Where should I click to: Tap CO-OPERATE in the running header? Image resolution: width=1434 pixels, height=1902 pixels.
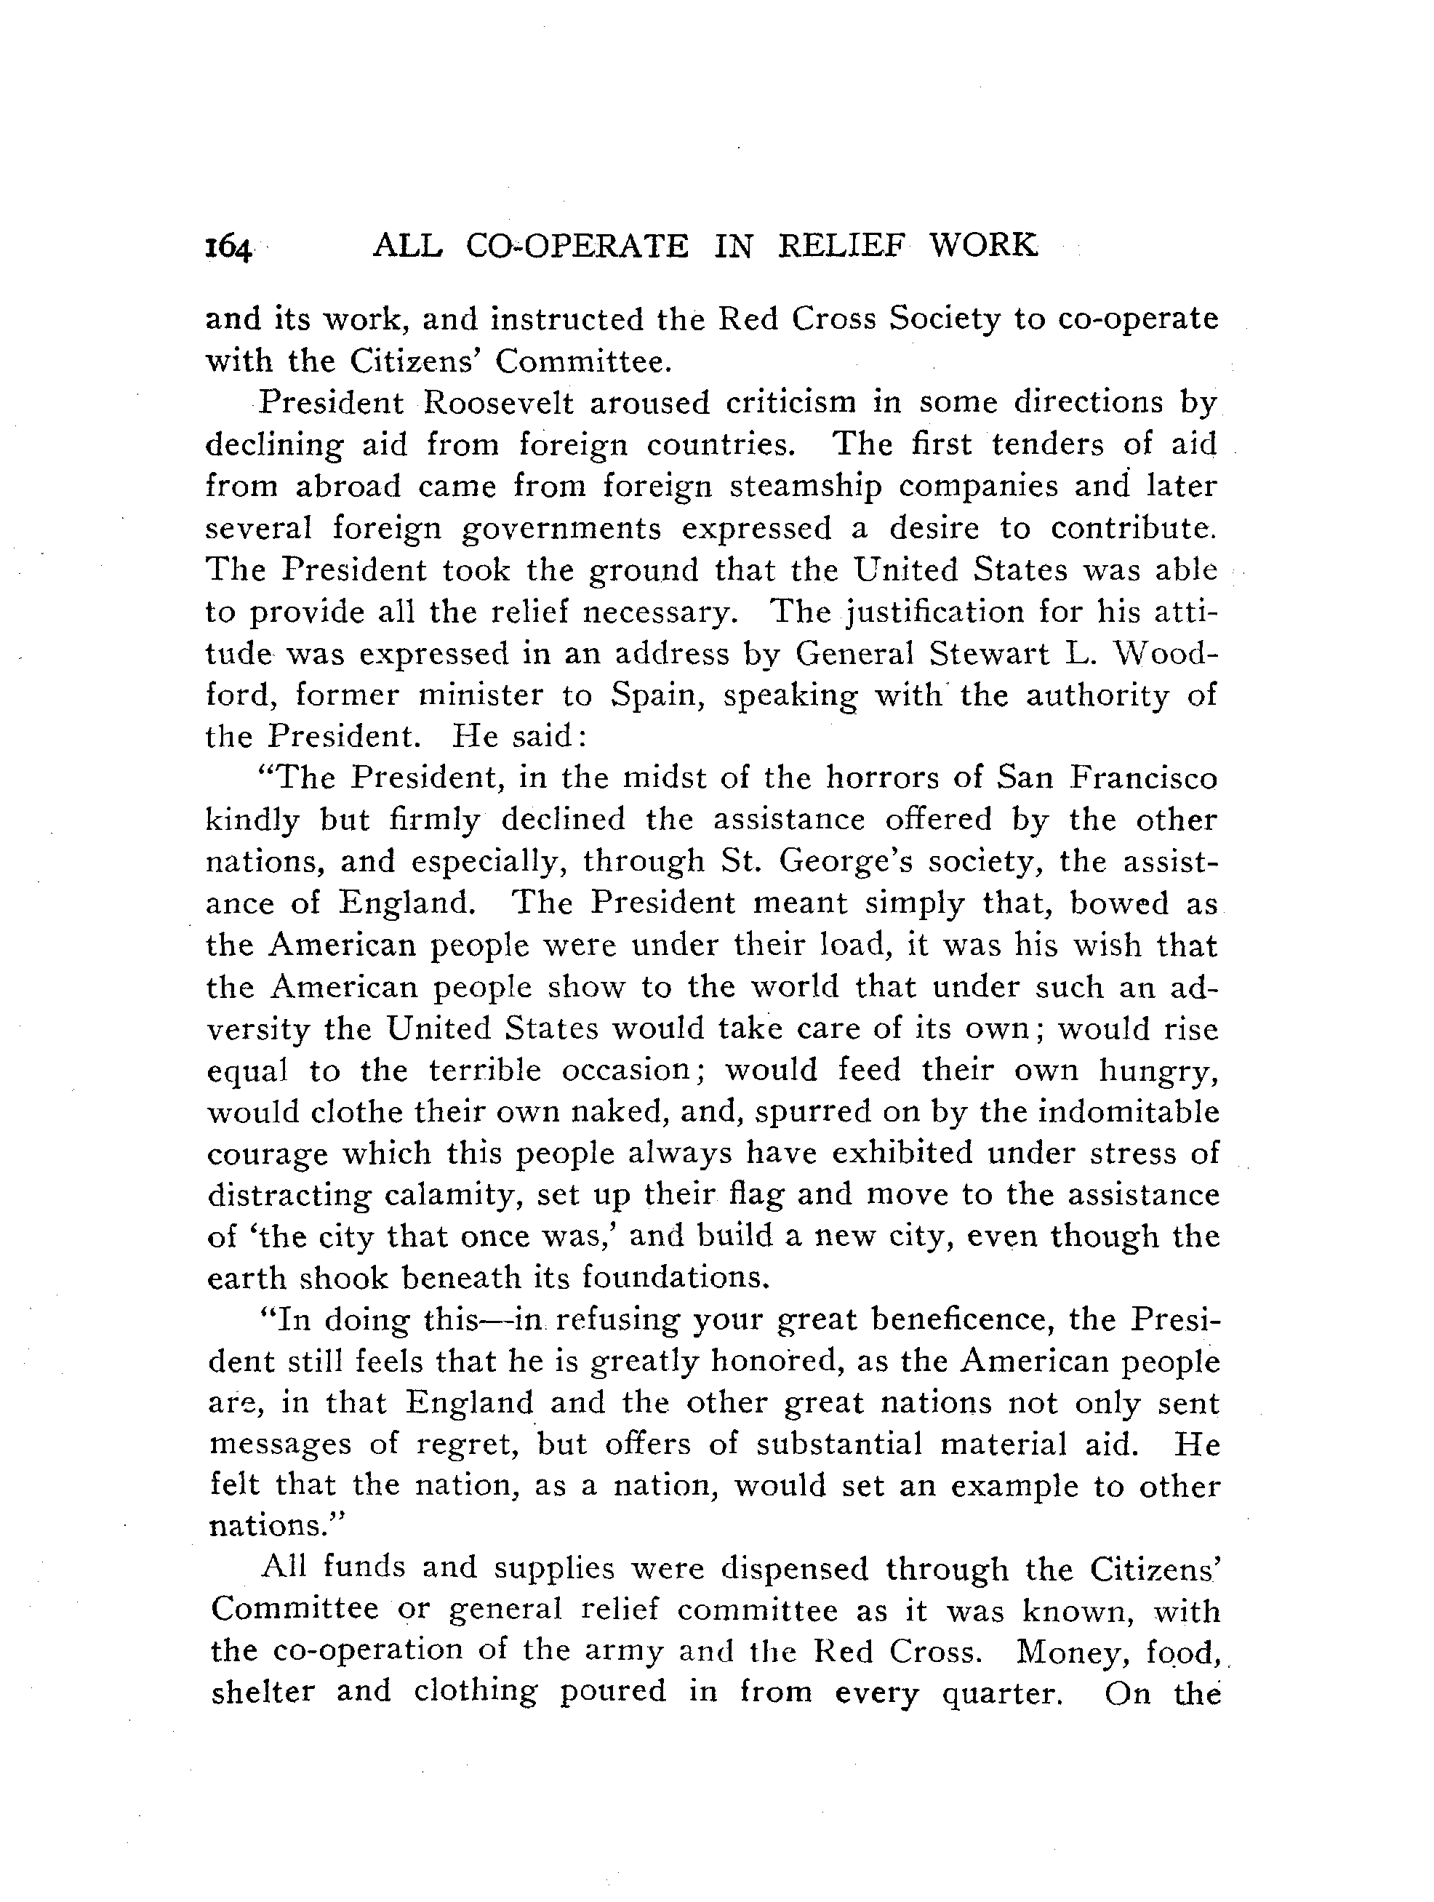(577, 246)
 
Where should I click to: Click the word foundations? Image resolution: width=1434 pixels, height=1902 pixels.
(673, 1279)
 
